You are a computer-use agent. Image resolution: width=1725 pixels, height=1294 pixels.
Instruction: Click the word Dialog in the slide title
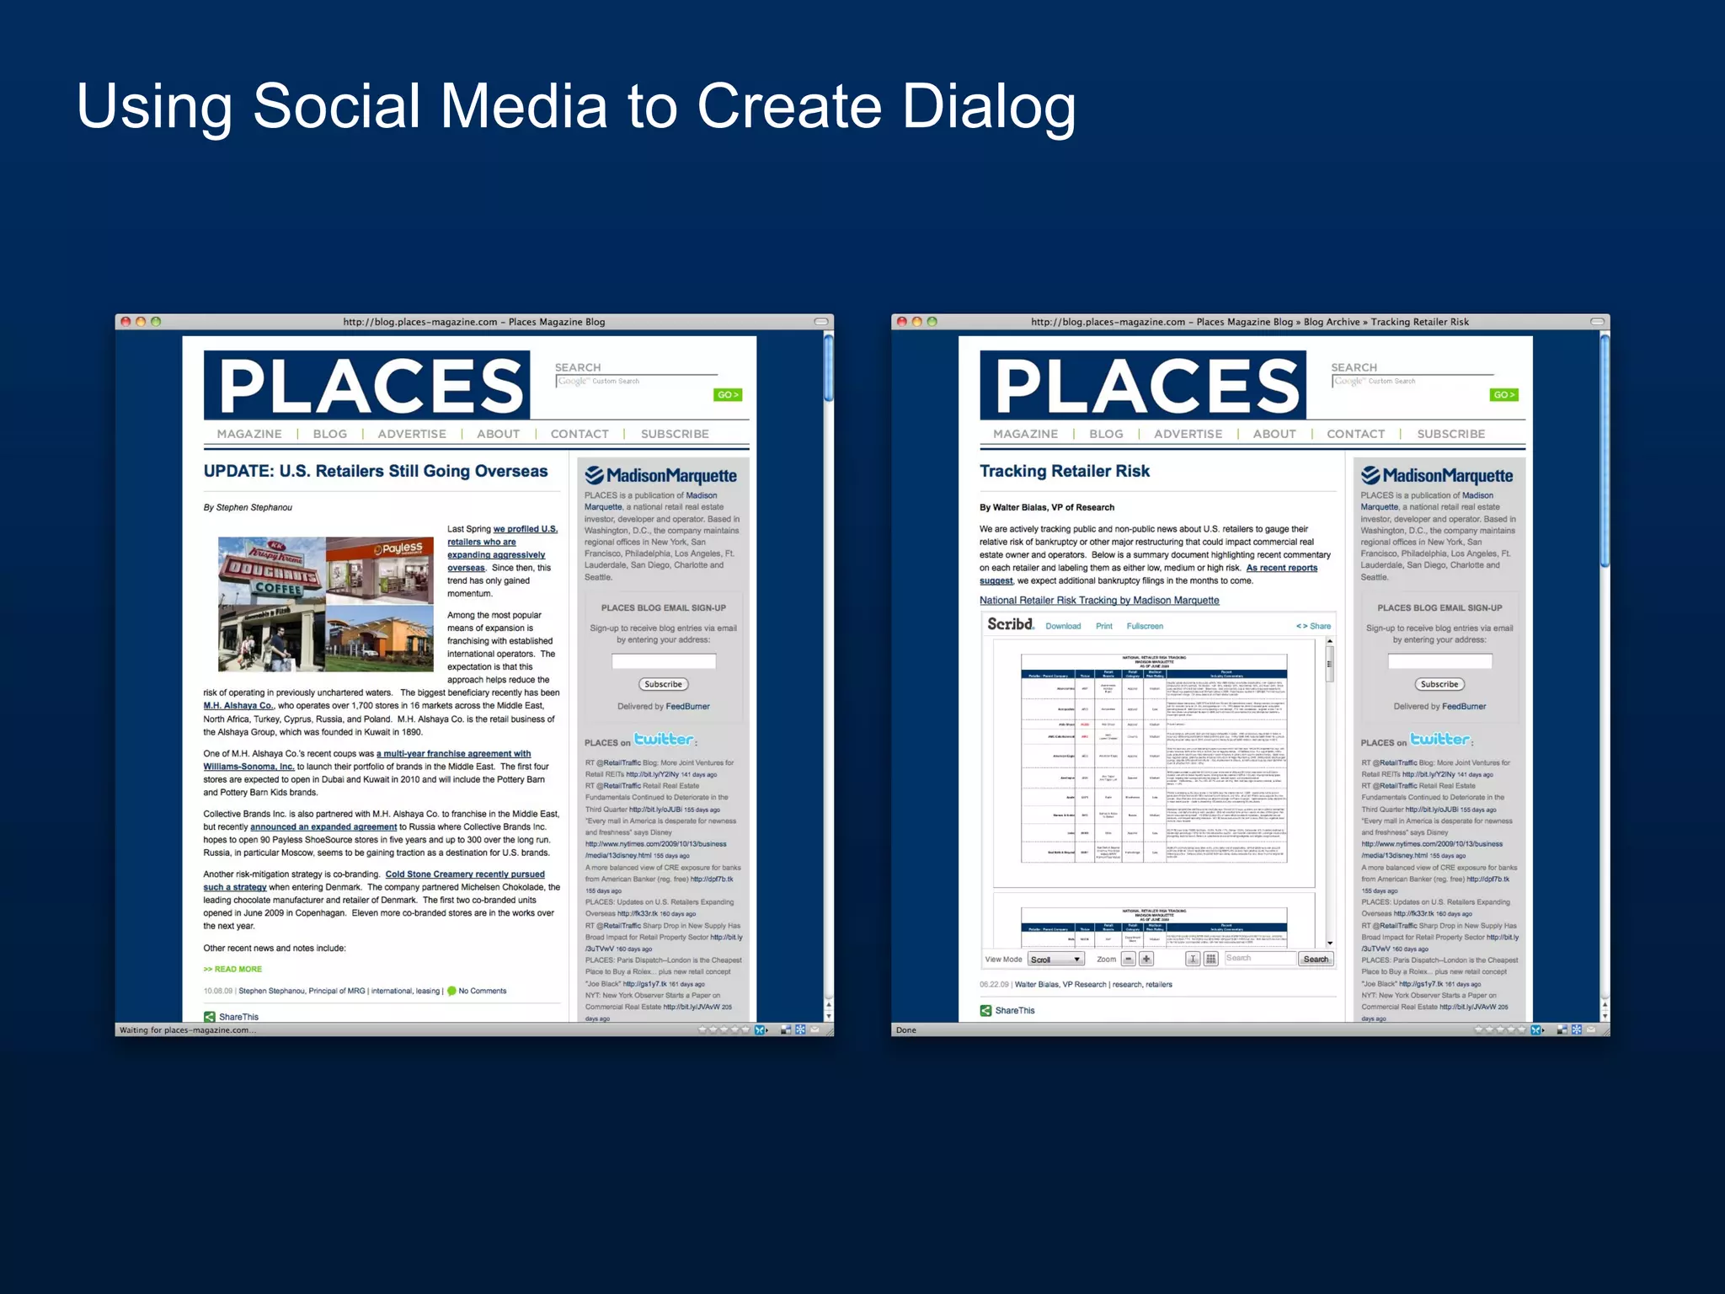[x=989, y=107]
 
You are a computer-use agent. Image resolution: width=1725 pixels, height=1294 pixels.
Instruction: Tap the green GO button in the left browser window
[x=727, y=395]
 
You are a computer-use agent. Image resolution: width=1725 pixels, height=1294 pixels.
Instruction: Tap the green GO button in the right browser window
[x=1503, y=395]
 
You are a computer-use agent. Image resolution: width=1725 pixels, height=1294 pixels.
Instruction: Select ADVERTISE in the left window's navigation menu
[x=412, y=434]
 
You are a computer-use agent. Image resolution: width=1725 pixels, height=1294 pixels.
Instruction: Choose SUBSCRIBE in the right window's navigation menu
[x=1450, y=434]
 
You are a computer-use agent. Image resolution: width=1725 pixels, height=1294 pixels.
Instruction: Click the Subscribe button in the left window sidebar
[x=664, y=684]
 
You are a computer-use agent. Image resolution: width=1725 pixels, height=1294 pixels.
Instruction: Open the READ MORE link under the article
[x=233, y=969]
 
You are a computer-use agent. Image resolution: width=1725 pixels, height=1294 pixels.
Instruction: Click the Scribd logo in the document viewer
[x=1010, y=624]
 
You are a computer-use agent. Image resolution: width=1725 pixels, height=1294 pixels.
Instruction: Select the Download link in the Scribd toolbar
[x=1063, y=626]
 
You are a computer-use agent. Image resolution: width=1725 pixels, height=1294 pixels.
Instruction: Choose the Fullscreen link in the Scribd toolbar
[x=1145, y=626]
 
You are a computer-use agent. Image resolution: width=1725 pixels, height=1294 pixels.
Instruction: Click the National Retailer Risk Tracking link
[x=1099, y=601]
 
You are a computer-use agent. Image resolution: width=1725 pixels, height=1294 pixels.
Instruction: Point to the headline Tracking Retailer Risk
[x=1064, y=471]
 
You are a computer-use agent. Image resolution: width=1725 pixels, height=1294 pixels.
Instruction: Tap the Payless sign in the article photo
[x=398, y=549]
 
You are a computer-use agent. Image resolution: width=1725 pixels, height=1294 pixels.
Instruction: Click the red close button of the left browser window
[x=126, y=322]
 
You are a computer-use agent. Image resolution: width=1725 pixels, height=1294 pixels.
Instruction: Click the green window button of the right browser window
[x=932, y=322]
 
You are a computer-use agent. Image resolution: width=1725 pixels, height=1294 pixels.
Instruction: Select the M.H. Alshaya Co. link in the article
[x=238, y=706]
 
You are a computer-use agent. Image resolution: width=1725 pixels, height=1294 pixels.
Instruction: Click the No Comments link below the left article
[x=482, y=991]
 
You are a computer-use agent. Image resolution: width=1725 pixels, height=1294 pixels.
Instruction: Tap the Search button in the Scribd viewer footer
[x=1316, y=959]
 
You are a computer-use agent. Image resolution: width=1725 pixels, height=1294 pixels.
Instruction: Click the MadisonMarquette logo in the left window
[x=661, y=476]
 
